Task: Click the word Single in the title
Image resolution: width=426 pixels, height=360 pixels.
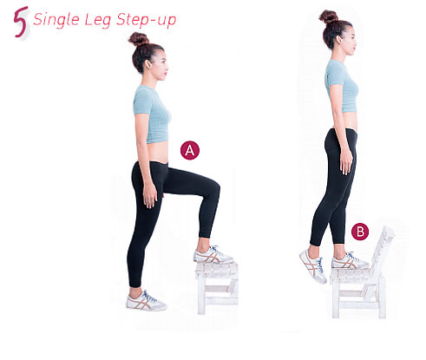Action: pos(55,19)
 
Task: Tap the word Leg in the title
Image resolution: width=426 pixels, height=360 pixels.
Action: pos(97,20)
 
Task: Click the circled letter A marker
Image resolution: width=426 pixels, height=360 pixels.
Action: pos(190,149)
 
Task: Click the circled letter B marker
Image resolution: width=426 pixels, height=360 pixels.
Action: pos(360,232)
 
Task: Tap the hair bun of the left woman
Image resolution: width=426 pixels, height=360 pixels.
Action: pos(138,39)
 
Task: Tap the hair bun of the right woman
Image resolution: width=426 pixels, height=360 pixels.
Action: pos(328,16)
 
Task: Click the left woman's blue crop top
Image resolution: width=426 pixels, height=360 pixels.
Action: pos(152,113)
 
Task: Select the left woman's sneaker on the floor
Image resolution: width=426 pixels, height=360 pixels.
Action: pos(145,300)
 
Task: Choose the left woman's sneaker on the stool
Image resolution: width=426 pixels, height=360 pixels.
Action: pos(212,255)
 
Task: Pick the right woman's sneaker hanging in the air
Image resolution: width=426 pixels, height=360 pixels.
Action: pos(312,264)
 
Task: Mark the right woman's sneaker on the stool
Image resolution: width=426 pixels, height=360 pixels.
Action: pos(349,260)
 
